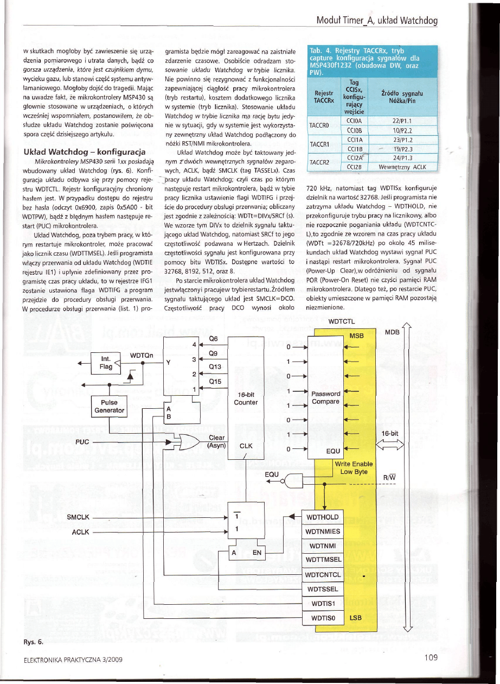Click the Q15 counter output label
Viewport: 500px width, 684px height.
pyautogui.click(x=215, y=381)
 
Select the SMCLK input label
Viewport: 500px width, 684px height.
pyautogui.click(x=77, y=517)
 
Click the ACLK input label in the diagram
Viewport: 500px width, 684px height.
pyautogui.click(x=80, y=531)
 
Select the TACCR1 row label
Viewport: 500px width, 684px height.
pyautogui.click(x=319, y=144)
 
